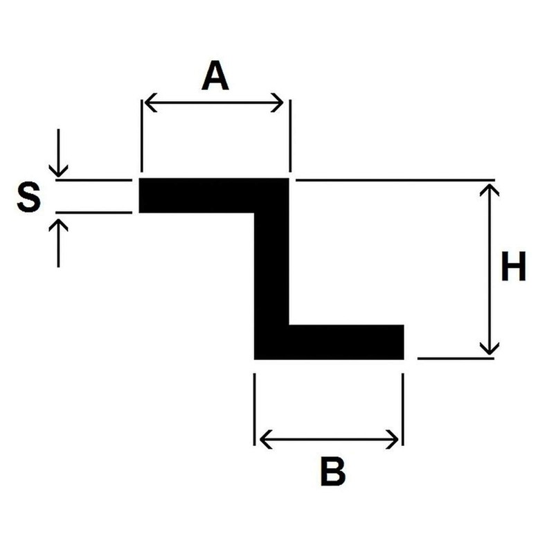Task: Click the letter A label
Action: coord(215,75)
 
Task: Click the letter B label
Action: coord(333,471)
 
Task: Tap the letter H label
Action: coord(513,266)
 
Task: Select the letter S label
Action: coord(29,197)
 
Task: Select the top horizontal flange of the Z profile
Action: coord(214,195)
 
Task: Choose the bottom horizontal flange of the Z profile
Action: coord(329,342)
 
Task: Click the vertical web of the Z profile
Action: coord(271,269)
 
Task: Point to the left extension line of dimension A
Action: coord(141,136)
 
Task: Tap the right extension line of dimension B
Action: coord(403,409)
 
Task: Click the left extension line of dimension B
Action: coord(254,409)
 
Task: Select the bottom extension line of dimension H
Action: coord(456,359)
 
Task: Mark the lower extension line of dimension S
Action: coord(93,213)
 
